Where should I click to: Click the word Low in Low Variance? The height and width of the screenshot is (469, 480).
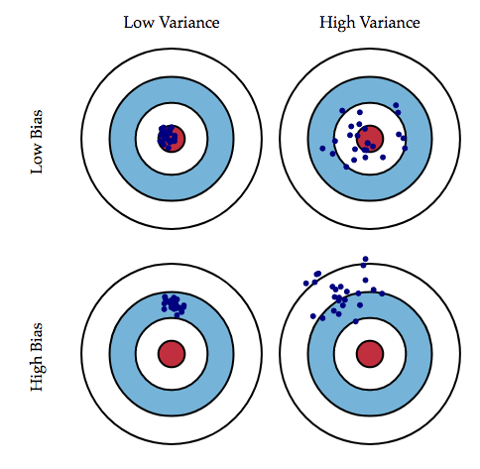tap(137, 22)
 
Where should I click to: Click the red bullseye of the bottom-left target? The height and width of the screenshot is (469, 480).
tap(172, 353)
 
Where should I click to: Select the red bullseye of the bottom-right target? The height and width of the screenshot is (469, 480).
tap(370, 353)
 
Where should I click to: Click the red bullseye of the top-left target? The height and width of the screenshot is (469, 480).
tap(173, 136)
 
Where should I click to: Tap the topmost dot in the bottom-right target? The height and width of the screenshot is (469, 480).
tap(366, 260)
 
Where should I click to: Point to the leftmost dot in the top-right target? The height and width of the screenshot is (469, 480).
tap(323, 149)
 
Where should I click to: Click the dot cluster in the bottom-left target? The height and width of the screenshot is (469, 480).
tap(174, 302)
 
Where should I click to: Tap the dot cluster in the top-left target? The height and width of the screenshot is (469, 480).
tap(168, 136)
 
